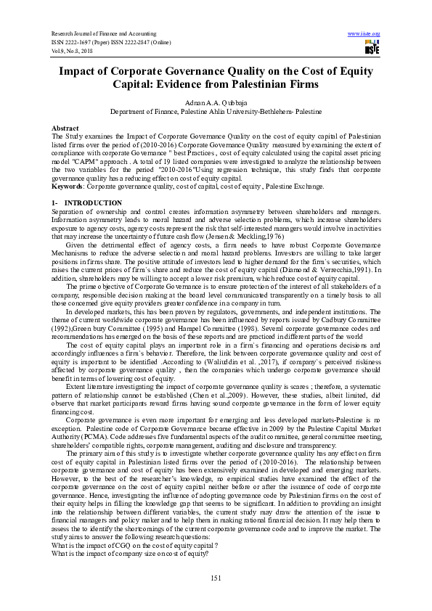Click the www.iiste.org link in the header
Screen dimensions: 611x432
pos(364,34)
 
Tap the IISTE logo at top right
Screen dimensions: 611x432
pos(372,47)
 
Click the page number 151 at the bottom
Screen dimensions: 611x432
pos(215,577)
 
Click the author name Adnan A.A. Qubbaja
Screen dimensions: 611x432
pos(215,103)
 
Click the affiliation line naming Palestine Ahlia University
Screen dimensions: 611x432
pos(215,112)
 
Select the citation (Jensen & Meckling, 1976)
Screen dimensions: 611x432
pos(249,237)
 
